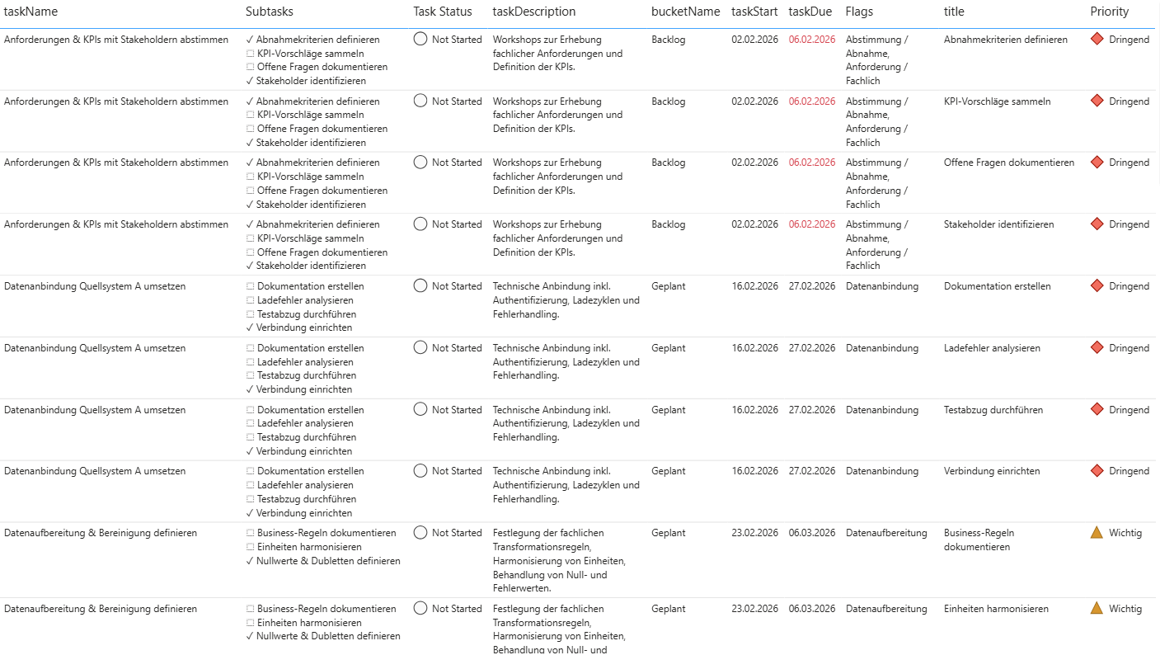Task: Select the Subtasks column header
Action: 269,12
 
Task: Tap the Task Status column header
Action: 443,12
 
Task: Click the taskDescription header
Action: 534,12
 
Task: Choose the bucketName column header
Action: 686,12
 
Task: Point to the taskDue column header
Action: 810,12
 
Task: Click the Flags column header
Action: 859,12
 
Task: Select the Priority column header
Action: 1110,12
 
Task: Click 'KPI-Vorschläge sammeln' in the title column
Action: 997,101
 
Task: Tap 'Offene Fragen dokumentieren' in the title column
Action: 1009,163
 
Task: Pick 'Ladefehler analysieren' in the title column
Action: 992,348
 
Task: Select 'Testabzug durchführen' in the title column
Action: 993,410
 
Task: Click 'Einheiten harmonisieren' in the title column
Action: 996,609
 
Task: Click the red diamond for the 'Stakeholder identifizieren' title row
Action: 1097,224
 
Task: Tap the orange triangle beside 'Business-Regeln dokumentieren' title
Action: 1097,533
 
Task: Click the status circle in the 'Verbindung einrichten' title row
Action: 420,471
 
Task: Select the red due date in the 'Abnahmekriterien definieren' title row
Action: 812,40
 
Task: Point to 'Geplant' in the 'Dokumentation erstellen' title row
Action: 669,286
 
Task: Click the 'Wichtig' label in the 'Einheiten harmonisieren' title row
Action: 1125,609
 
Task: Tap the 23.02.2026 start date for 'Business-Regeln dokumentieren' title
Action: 754,533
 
